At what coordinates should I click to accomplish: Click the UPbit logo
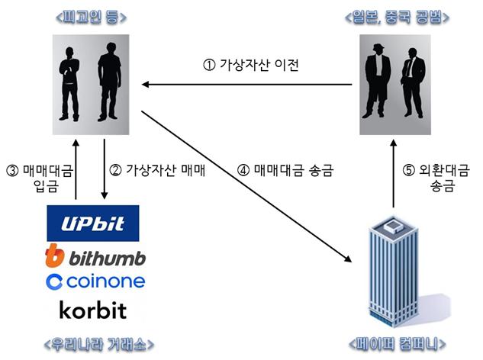tap(93, 223)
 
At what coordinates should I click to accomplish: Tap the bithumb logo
tap(95, 256)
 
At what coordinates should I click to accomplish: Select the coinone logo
tap(95, 281)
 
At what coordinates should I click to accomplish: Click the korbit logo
tap(93, 310)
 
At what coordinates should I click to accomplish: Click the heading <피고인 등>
tap(91, 18)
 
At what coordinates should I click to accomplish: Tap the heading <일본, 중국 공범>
tap(397, 18)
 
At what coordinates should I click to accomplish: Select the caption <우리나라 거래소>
tap(99, 344)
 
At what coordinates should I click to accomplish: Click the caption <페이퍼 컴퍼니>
tap(397, 344)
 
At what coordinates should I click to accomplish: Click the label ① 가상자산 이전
tap(251, 65)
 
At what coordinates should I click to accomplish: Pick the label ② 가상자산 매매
tap(157, 170)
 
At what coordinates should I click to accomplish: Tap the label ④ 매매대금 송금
tap(285, 170)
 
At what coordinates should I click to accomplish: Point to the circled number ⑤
tap(409, 170)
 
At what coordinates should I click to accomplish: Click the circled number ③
tap(12, 171)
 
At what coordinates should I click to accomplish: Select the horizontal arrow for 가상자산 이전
tap(246, 85)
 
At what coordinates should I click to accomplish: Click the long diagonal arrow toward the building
tap(246, 186)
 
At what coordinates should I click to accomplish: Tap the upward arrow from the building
tap(394, 173)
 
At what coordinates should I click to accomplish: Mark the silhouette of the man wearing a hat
tap(378, 82)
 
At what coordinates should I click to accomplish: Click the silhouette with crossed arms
tap(69, 84)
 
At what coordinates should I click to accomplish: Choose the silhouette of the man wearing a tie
tap(413, 83)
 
